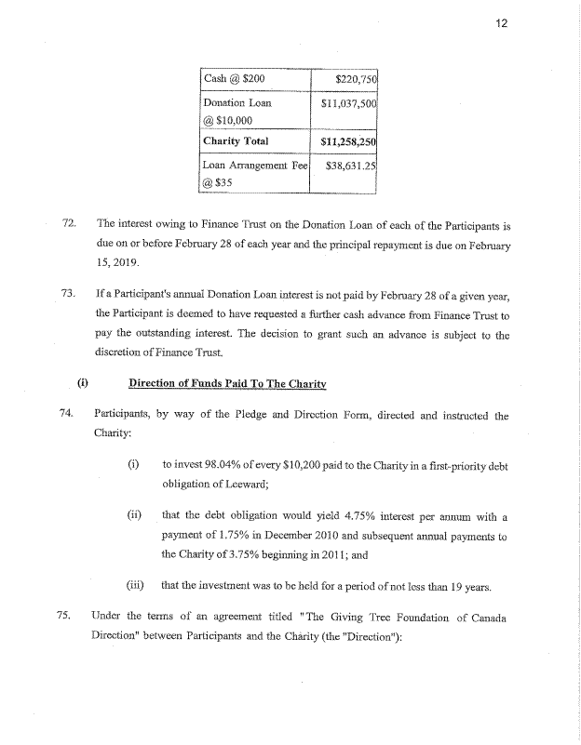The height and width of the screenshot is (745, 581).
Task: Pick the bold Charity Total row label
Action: pos(236,141)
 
